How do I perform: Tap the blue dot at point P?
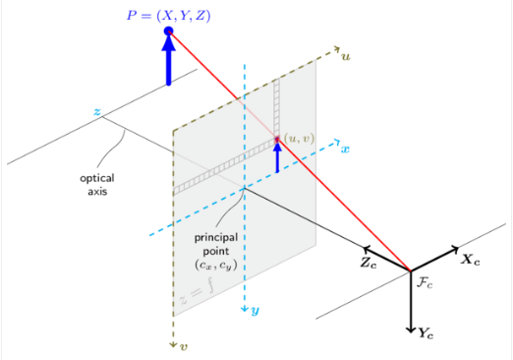click(168, 31)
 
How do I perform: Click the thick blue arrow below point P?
click(168, 61)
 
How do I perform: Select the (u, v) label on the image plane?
click(298, 138)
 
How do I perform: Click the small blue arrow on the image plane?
click(277, 154)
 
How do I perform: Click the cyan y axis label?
click(255, 311)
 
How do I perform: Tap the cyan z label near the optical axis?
click(96, 112)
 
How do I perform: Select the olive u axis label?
click(345, 56)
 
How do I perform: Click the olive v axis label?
click(184, 346)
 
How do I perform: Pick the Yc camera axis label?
click(426, 332)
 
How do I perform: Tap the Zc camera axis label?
click(368, 264)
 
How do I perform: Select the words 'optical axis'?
click(96, 185)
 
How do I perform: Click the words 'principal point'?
click(215, 244)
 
